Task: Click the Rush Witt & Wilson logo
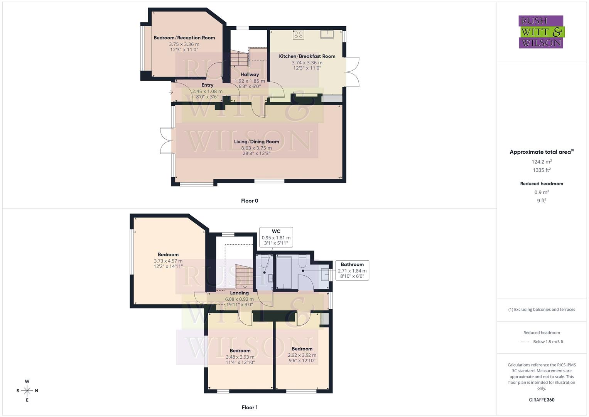coord(541,32)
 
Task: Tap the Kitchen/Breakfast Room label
coord(307,56)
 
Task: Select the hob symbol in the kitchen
coord(298,35)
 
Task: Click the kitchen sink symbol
coord(327,34)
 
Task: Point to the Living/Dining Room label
coord(256,142)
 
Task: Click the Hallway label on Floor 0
coord(250,75)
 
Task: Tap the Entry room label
coord(207,85)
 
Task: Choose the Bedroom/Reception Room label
coord(184,38)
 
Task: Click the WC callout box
coord(276,237)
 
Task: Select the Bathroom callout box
coord(352,270)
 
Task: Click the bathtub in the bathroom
coord(285,272)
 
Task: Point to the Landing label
coord(239,293)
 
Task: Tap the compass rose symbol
coord(27,391)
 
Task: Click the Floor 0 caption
coord(250,201)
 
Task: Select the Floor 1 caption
coord(250,407)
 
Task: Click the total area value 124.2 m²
coord(542,162)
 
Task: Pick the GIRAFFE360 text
coord(542,400)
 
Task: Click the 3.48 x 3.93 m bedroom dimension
coord(240,357)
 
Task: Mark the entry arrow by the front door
coord(171,92)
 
